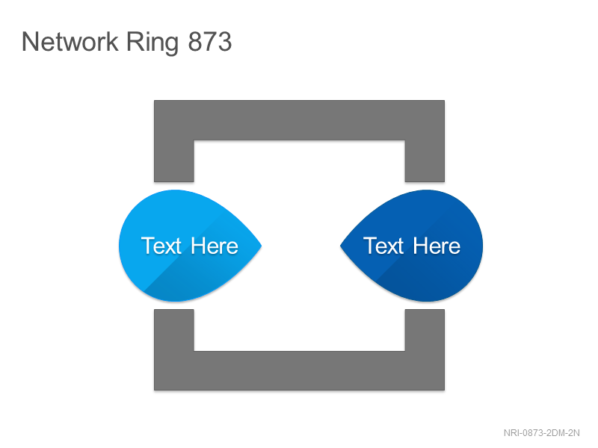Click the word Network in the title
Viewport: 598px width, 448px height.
tap(70, 41)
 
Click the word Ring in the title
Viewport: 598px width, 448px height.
tap(152, 43)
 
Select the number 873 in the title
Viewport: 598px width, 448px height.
tap(210, 41)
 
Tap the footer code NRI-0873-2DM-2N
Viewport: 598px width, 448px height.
tap(541, 433)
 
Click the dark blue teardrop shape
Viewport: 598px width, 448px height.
tap(412, 246)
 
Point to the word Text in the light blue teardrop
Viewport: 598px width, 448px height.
tap(161, 246)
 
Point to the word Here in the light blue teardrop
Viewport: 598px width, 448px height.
tap(215, 246)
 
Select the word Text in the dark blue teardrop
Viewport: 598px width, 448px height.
tap(383, 246)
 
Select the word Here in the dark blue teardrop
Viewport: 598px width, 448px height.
tap(437, 246)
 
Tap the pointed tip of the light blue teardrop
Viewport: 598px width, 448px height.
tap(262, 246)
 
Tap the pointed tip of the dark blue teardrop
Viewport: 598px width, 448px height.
tap(340, 246)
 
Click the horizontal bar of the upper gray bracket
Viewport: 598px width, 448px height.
tap(300, 120)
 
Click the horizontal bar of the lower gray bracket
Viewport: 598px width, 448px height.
tap(300, 370)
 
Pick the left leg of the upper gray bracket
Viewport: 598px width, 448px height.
tap(174, 161)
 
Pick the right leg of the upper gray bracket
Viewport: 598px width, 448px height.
tap(425, 161)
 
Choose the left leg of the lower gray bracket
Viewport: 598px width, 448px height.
tap(174, 330)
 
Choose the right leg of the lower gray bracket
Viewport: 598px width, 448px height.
tap(425, 330)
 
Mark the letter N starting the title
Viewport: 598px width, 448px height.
tap(30, 41)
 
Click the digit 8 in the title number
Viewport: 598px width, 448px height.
tap(196, 41)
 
